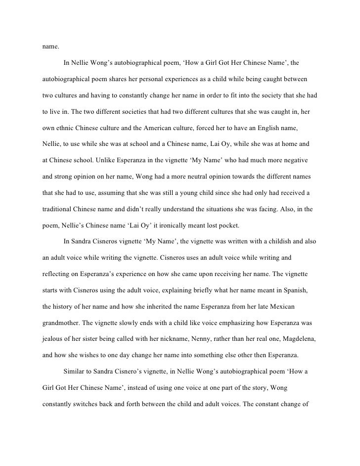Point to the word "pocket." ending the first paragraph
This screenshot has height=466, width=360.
[x=227, y=225]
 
